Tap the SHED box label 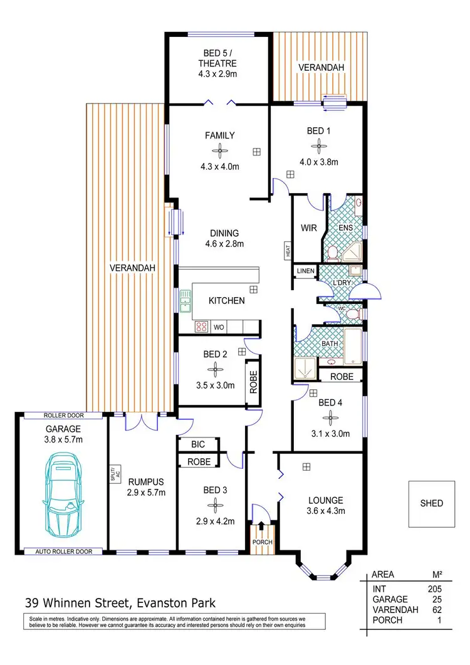coord(431,503)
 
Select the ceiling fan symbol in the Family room coord(219,150)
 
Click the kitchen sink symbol coord(185,301)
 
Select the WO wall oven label coord(219,327)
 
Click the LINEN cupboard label coord(305,271)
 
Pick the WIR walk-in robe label coord(307,228)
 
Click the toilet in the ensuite coord(333,253)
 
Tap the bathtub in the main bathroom coord(353,346)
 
